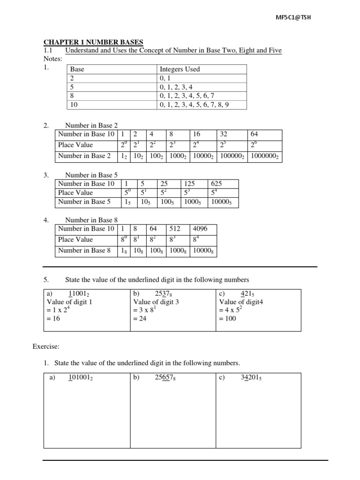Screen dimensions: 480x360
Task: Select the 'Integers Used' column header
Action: click(x=180, y=69)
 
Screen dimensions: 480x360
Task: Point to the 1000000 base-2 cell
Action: click(x=265, y=156)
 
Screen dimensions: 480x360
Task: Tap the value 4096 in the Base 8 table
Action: click(x=200, y=229)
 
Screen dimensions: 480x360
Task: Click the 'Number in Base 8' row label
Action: click(x=84, y=251)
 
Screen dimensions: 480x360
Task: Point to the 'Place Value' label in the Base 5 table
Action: click(x=75, y=193)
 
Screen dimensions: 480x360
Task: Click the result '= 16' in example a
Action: click(x=54, y=319)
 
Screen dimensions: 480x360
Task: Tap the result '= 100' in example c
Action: click(x=228, y=319)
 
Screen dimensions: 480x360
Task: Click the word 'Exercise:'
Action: click(x=46, y=347)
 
